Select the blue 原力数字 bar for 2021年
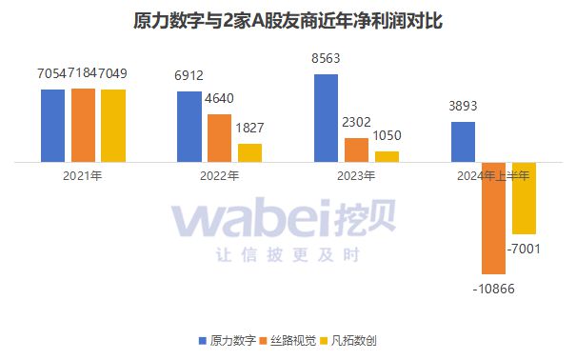[53, 126]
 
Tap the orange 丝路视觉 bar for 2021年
[83, 126]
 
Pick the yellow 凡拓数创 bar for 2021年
[113, 126]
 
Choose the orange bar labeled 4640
[220, 138]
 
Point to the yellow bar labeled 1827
[250, 152]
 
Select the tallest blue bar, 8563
[327, 119]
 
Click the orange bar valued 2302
[356, 150]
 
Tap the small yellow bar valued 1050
[387, 156]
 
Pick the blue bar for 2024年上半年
[463, 142]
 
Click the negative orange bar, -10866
[493, 218]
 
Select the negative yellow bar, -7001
[524, 198]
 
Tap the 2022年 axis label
[220, 175]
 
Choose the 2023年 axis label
[356, 175]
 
